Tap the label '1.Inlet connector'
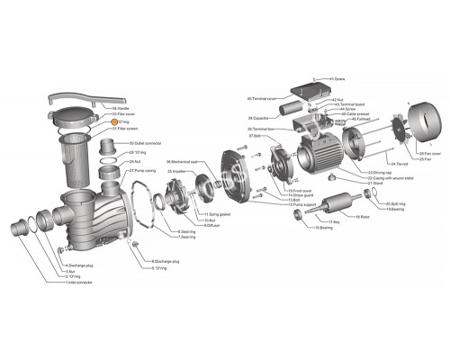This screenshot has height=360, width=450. pyautogui.click(x=79, y=283)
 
